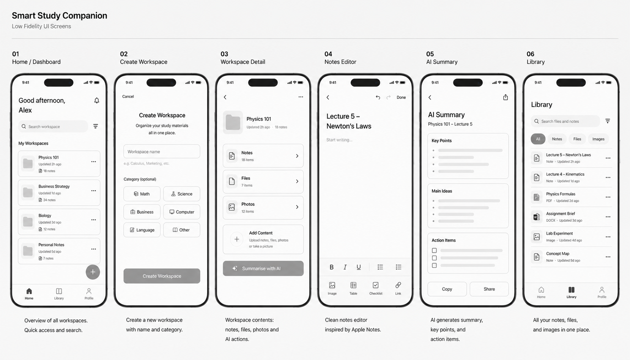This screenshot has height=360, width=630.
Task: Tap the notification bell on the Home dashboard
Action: point(96,101)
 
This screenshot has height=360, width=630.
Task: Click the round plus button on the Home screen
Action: point(93,272)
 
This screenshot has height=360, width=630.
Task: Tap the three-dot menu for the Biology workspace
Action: point(94,220)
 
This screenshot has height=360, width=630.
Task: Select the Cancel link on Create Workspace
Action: point(128,96)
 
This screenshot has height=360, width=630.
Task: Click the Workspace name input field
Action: point(162,152)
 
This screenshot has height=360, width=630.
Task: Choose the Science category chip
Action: point(182,194)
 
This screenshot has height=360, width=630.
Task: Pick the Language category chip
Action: point(142,230)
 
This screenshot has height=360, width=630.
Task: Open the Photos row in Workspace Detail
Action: point(263,207)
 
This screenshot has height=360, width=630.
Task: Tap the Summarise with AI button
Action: point(263,268)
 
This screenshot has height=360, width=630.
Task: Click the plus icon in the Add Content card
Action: point(237,239)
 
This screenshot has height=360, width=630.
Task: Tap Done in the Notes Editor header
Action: point(401,97)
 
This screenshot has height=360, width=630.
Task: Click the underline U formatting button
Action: point(359,267)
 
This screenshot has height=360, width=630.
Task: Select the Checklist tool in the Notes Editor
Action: point(376,288)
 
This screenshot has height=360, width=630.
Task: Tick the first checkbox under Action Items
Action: point(434,251)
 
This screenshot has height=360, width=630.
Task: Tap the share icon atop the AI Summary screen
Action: point(506,97)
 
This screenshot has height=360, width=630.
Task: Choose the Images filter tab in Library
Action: point(598,139)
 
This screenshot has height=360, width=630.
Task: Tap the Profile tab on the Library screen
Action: point(602,292)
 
